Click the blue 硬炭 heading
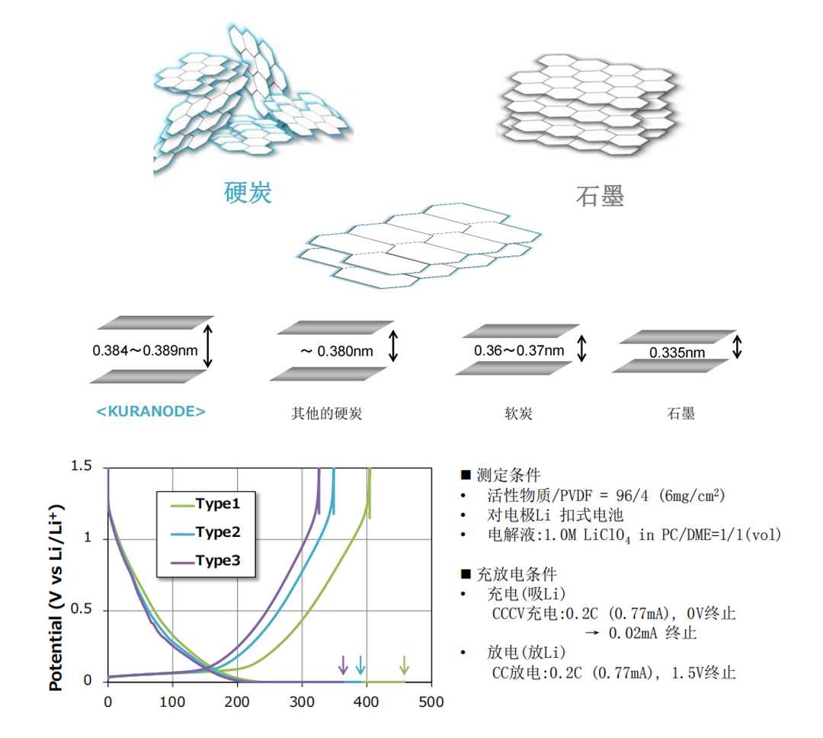(x=248, y=193)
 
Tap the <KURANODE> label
(x=151, y=411)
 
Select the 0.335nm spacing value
(x=677, y=353)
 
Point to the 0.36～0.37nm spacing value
(x=519, y=350)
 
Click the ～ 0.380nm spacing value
(x=336, y=351)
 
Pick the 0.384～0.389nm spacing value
(x=146, y=351)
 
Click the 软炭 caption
(x=518, y=414)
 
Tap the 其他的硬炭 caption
(x=326, y=414)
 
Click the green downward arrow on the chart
(x=405, y=664)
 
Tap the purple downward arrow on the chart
(x=343, y=664)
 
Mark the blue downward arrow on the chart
(x=360, y=664)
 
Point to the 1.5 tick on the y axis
(x=81, y=466)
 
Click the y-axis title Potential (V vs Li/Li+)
(x=56, y=597)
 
